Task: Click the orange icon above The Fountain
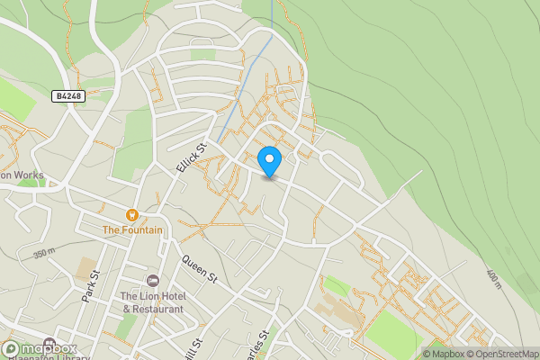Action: pos(132,215)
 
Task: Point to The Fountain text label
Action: pos(132,230)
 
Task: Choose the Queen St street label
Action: pos(200,269)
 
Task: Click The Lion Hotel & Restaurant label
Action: pos(152,302)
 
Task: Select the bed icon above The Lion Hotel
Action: pos(152,283)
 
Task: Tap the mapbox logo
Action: pos(40,348)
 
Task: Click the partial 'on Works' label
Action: pos(22,177)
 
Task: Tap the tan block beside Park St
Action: pos(87,268)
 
